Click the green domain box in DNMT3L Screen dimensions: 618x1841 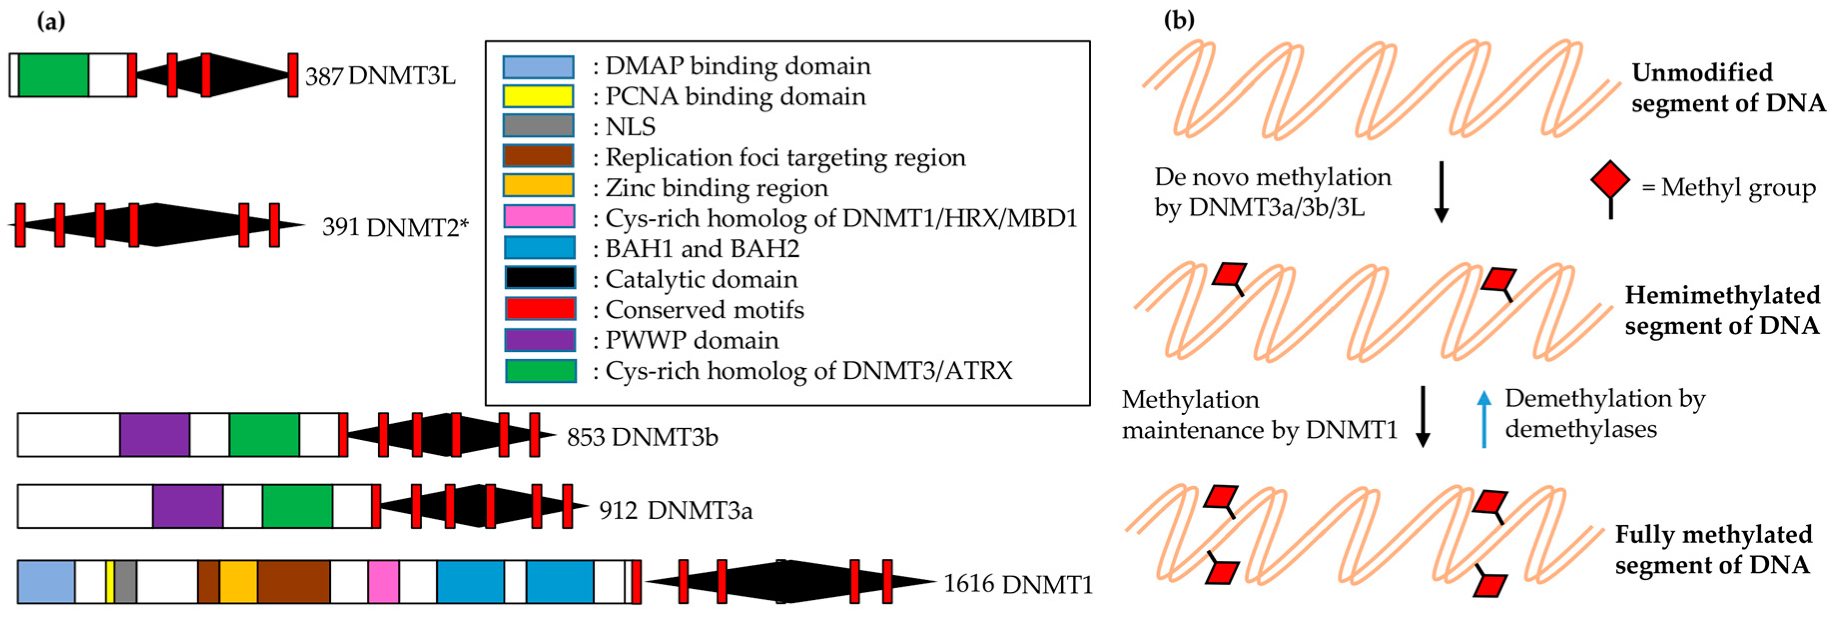[53, 74]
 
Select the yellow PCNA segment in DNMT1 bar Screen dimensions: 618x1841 [110, 582]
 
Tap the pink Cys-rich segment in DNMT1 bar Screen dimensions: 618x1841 [383, 582]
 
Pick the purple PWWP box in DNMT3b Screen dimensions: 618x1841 [154, 434]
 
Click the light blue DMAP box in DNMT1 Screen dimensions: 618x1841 [46, 582]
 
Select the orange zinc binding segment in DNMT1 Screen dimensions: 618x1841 [238, 582]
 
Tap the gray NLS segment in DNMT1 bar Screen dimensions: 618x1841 [126, 582]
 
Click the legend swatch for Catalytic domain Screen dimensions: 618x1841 [540, 278]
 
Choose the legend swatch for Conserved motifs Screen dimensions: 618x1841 [540, 308]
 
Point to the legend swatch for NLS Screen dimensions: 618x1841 [538, 125]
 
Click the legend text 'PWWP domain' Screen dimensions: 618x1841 [692, 340]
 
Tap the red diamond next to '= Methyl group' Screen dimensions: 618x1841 [1610, 182]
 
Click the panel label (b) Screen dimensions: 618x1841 [1179, 19]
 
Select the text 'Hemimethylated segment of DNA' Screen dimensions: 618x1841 [1722, 310]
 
